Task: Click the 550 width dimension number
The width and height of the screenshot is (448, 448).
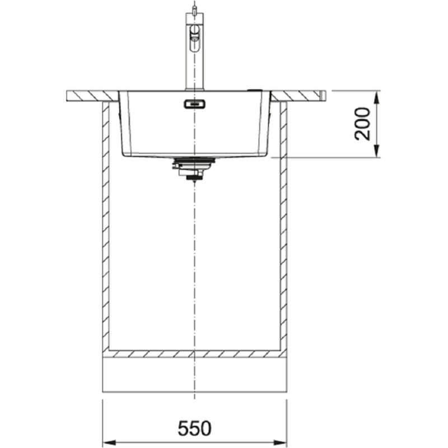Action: pos(194,428)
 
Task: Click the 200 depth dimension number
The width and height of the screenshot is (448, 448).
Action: pos(362,124)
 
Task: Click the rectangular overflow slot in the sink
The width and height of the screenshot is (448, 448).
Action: pos(194,104)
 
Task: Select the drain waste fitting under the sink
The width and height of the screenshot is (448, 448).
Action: pos(193,169)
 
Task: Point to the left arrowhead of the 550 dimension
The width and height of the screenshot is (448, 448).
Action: pos(109,442)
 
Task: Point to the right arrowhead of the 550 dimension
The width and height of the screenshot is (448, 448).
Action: pos(281,442)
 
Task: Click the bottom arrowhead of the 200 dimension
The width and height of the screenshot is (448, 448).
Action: pos(377,151)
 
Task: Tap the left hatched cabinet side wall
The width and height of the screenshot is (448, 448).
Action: pos(106,226)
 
